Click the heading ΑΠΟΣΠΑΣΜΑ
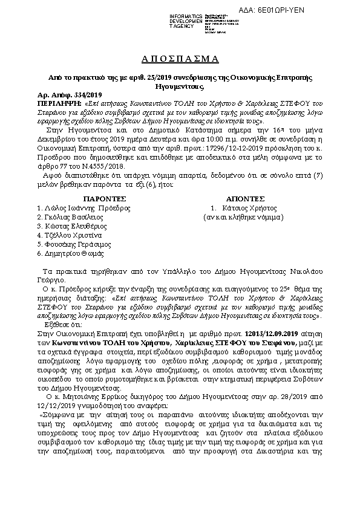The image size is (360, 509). click(180, 59)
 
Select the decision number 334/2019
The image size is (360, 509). click(91, 96)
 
